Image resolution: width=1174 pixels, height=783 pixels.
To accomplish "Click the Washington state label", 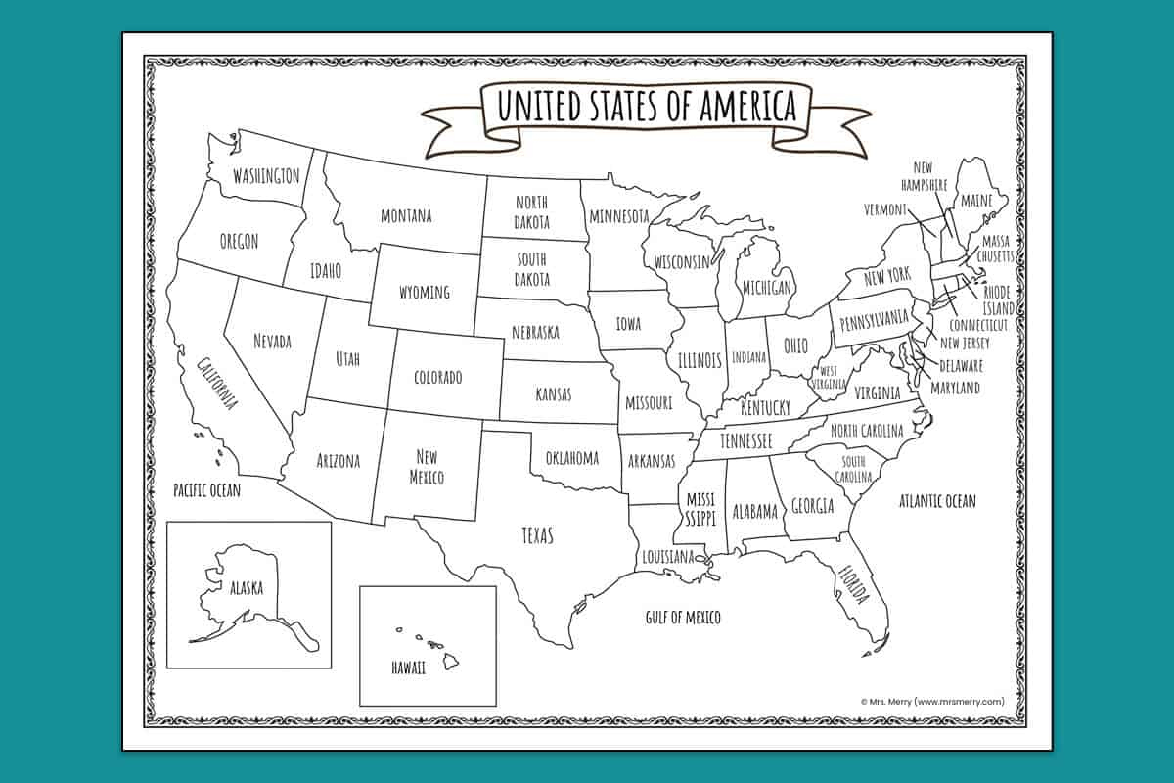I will click(x=265, y=176).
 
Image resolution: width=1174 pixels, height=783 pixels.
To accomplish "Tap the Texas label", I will click(x=537, y=535).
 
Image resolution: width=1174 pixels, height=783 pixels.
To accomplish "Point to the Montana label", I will click(x=406, y=215).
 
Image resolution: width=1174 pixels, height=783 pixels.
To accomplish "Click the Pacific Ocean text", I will click(x=206, y=489).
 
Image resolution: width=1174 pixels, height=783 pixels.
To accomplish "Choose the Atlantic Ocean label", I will click(x=937, y=501).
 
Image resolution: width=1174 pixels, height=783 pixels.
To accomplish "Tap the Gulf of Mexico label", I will click(x=683, y=617).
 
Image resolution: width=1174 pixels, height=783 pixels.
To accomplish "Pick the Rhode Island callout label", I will click(x=998, y=300).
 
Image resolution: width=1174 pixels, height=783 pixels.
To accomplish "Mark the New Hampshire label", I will click(x=925, y=177).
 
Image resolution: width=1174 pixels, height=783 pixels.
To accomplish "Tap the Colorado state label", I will click(x=437, y=377).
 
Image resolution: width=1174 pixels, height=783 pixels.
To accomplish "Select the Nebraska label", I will click(x=535, y=332).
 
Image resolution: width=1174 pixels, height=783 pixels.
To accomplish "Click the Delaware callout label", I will click(x=961, y=366).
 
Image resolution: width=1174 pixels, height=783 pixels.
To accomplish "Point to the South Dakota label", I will click(x=533, y=270).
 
